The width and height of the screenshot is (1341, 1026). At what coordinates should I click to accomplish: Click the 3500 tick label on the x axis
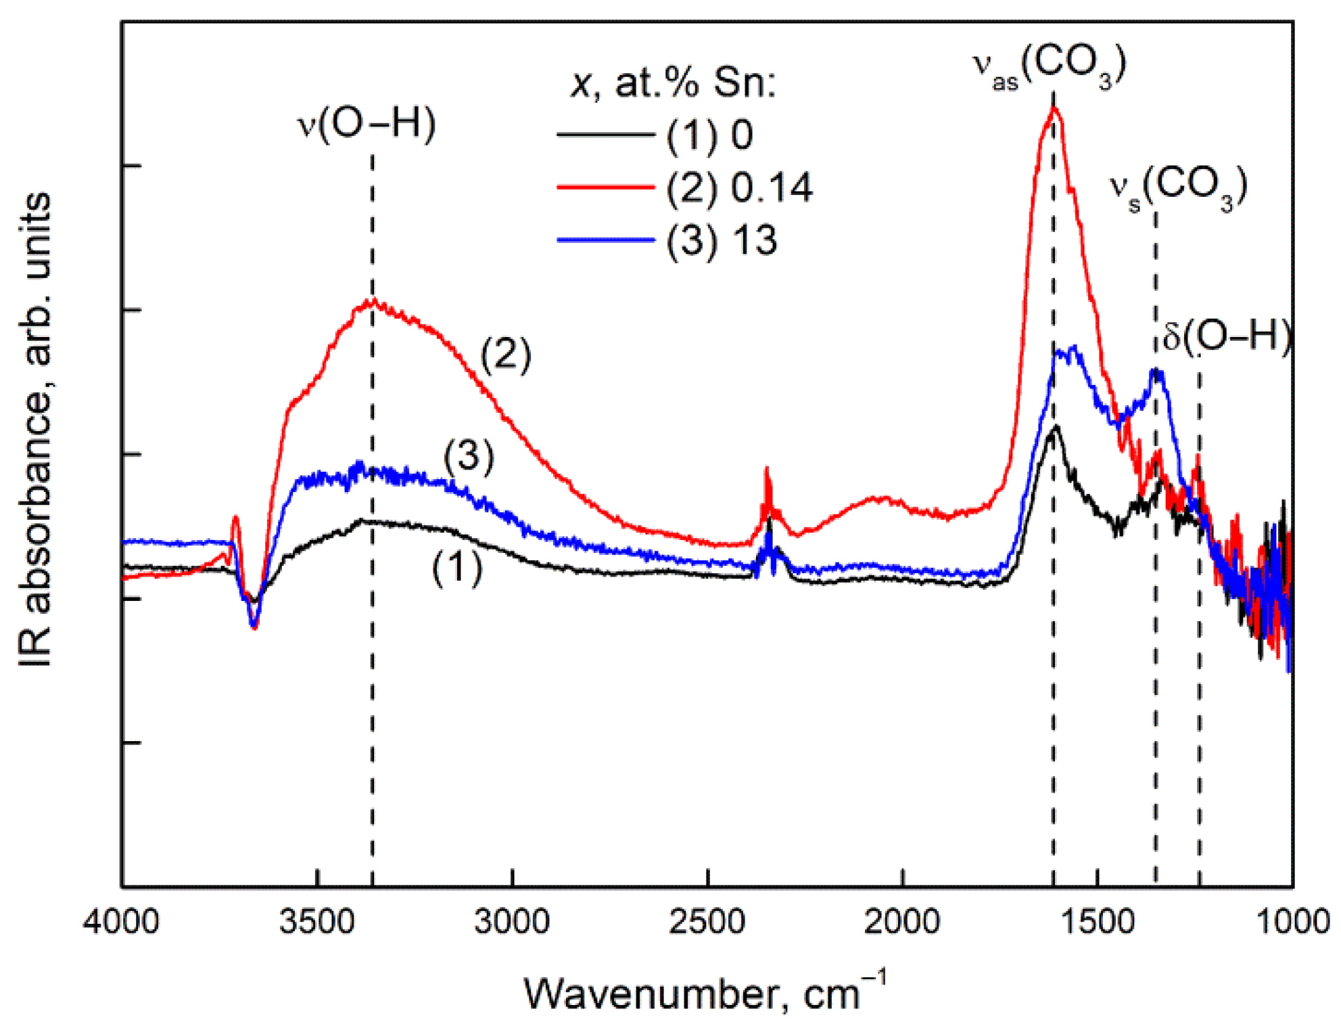point(316,922)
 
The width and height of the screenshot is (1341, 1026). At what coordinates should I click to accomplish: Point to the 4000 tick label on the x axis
point(121,922)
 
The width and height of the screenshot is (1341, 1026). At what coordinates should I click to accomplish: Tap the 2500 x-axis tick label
point(707,922)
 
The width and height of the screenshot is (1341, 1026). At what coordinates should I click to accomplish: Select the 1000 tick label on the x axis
point(1292,922)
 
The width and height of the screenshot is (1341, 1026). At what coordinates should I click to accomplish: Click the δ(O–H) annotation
point(1226,335)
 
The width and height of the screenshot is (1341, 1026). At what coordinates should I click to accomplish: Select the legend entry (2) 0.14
point(738,187)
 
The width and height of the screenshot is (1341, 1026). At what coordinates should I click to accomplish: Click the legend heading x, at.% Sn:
point(673,84)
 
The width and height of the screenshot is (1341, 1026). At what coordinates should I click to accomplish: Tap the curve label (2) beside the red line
point(506,354)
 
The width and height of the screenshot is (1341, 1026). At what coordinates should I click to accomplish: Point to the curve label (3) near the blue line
point(469,456)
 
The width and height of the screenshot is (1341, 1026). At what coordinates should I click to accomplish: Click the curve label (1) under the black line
point(457,567)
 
